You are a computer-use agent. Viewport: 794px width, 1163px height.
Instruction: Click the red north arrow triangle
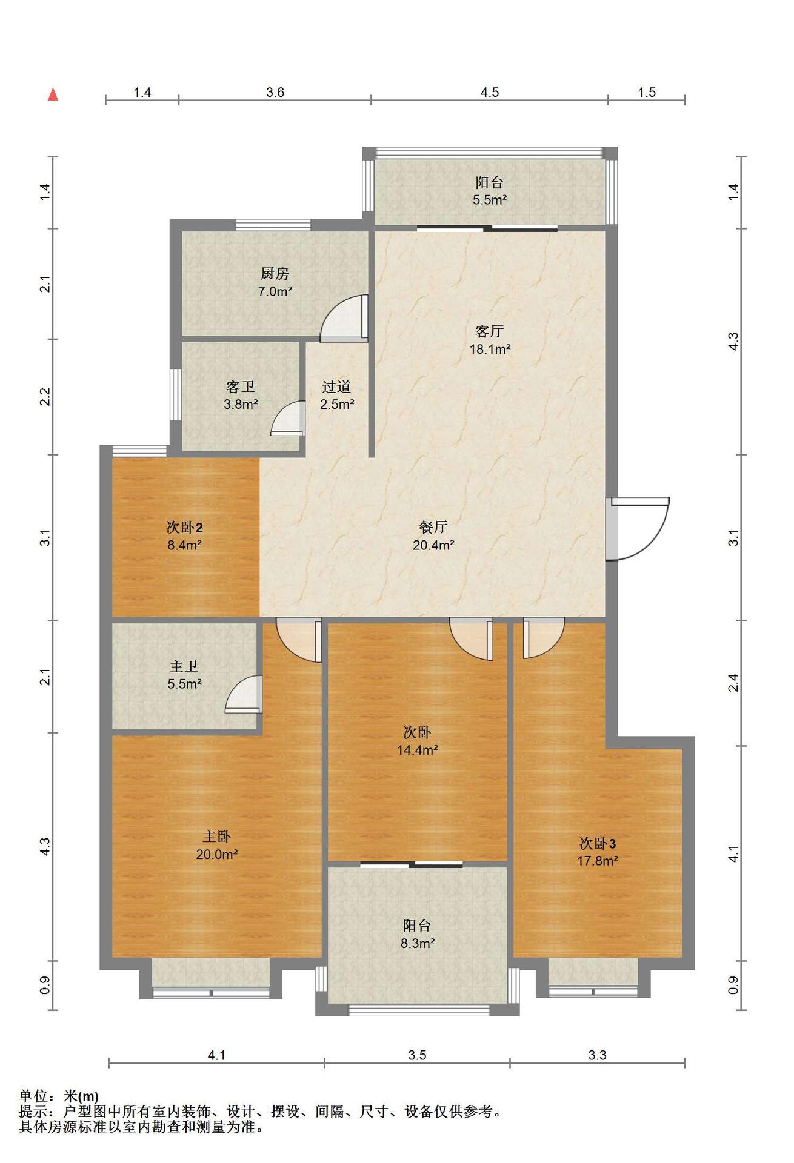53,94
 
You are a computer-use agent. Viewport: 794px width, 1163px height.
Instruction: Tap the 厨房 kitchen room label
275,274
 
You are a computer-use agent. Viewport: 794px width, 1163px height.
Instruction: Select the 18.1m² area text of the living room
490,349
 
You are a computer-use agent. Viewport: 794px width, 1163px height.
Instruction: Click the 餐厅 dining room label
433,527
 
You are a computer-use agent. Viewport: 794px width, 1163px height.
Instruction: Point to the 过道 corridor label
336,386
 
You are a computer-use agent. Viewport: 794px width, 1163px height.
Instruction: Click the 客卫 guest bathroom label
241,386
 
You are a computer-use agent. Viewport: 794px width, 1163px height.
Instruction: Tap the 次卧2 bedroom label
184,527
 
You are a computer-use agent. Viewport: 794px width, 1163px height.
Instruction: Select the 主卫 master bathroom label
184,666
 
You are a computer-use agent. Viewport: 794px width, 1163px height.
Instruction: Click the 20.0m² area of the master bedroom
216,854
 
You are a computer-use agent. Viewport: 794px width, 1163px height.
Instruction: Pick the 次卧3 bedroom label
598,843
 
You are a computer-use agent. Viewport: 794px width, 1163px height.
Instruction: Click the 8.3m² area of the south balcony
418,943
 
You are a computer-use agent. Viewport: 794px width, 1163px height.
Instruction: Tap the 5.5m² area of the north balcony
490,199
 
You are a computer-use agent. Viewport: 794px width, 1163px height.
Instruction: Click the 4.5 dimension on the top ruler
490,92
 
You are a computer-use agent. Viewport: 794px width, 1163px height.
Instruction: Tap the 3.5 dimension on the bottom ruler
417,1055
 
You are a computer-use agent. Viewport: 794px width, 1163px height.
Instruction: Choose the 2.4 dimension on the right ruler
733,683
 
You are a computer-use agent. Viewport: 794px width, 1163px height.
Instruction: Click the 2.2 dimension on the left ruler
45,397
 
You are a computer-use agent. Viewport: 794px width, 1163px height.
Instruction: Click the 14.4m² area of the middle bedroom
418,750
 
